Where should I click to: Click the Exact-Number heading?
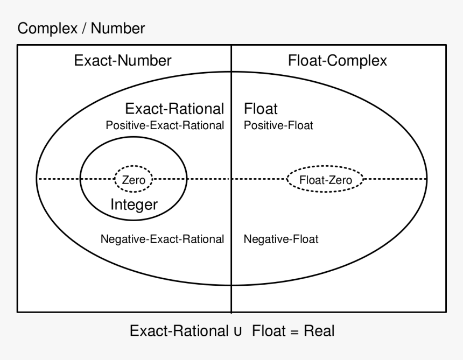(123, 60)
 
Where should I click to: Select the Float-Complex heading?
(338, 60)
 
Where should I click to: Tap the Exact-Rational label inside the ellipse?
(174, 109)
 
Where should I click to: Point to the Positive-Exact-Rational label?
(165, 125)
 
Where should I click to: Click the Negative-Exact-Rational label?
(162, 239)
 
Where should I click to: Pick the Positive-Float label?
(278, 125)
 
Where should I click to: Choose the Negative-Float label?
(281, 239)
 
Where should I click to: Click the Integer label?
(134, 204)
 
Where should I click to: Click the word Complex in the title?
(47, 29)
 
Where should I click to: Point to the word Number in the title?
(118, 29)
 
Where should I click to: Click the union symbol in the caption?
(237, 331)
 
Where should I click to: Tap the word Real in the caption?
(319, 330)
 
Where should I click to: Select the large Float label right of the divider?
(261, 109)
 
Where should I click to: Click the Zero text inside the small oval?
(134, 180)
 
